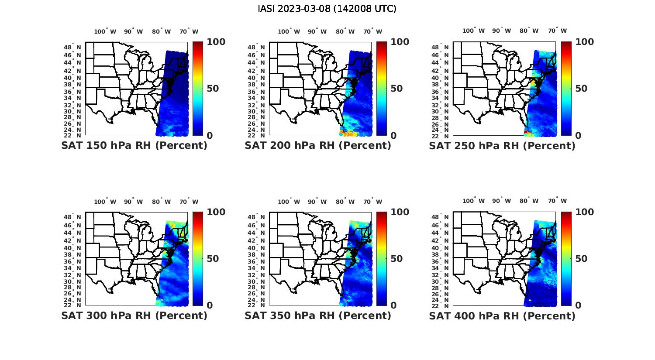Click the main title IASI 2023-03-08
327,9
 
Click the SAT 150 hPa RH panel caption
134,146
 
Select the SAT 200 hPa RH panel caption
318,146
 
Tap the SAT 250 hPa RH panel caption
502,146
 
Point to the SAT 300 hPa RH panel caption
134,315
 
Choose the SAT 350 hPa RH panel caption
318,315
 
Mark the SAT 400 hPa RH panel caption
502,315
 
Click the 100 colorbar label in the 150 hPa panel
216,42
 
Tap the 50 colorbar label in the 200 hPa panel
396,89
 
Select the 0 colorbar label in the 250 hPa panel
578,136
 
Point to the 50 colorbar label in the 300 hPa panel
213,259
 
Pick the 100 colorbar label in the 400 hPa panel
584,212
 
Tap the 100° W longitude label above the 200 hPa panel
289,31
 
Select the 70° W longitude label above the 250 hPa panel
558,31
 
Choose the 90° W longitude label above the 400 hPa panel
501,201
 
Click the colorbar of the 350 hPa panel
382,258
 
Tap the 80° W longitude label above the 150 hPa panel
161,31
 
